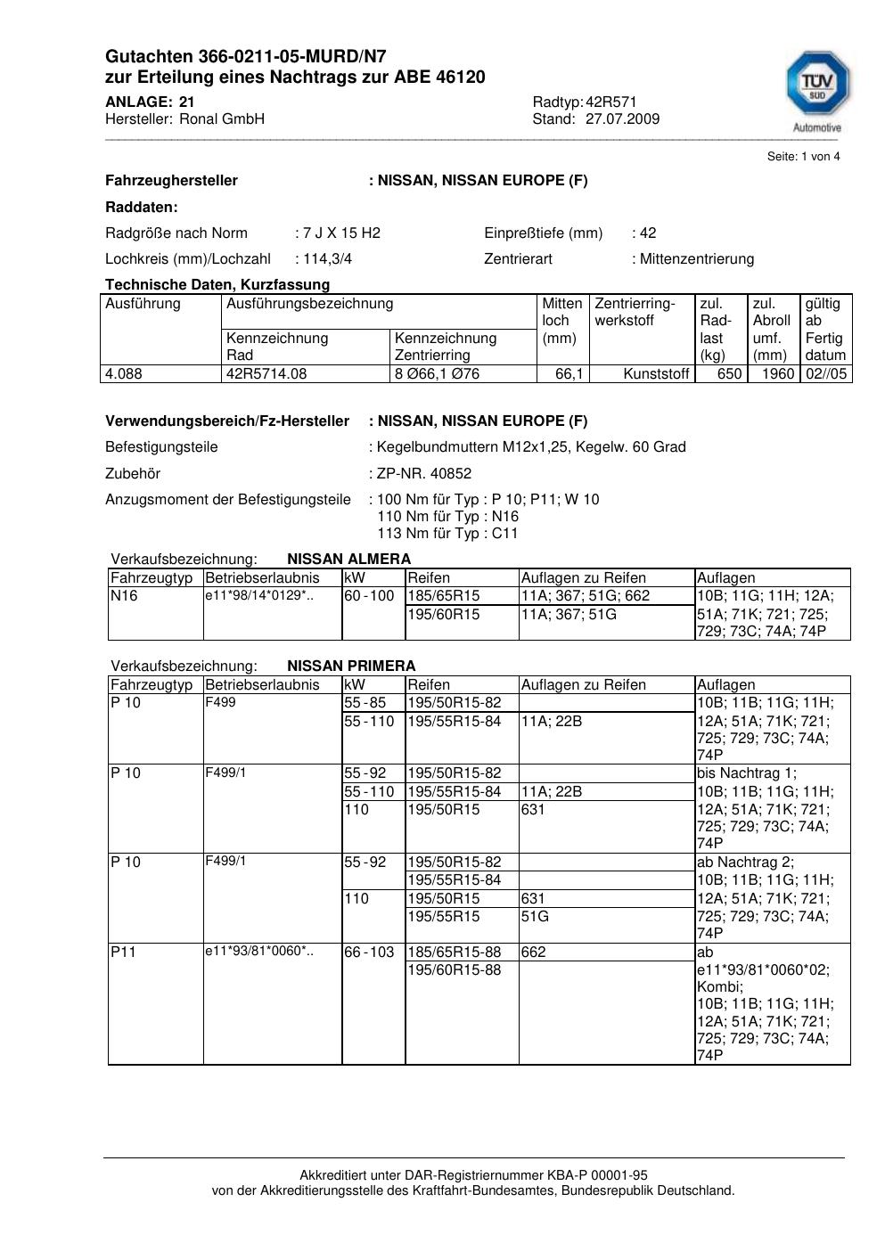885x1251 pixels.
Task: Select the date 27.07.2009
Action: (622, 119)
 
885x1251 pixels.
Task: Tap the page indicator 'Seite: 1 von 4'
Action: (803, 157)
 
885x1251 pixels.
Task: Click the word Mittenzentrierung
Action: (696, 259)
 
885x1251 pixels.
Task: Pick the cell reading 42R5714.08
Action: (266, 374)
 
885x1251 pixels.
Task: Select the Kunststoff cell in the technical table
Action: (656, 374)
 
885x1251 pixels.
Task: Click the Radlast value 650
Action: (729, 374)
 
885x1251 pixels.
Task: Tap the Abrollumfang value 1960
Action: (777, 374)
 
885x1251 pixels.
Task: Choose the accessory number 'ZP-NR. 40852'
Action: (424, 474)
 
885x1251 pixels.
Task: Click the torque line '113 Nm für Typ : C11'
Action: (447, 534)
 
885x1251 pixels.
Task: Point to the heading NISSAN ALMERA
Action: (348, 560)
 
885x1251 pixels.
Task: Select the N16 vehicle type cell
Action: (124, 596)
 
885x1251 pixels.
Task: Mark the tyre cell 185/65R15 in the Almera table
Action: (444, 596)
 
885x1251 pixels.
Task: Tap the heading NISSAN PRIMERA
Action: (351, 666)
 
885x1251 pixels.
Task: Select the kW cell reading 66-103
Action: (369, 952)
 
